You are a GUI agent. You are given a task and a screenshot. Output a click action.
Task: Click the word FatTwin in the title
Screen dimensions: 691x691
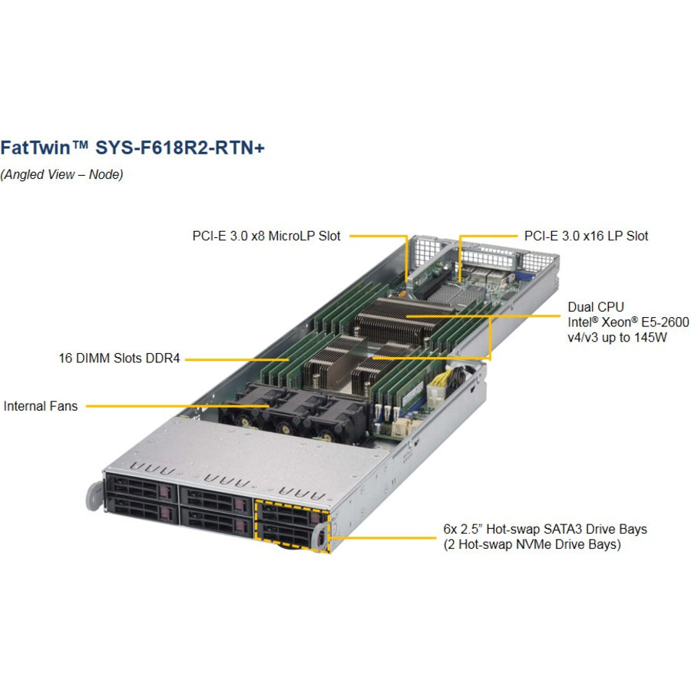point(35,147)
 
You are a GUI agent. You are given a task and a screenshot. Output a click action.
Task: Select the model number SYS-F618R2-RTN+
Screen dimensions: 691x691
point(180,147)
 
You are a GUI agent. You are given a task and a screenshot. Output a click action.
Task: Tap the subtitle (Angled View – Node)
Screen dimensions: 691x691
point(61,174)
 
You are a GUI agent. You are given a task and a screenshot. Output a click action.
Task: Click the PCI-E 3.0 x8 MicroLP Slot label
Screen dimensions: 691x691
point(266,236)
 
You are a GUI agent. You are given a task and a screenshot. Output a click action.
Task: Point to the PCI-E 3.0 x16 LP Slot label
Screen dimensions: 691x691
point(586,236)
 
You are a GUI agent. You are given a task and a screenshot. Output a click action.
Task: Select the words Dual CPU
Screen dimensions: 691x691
point(596,306)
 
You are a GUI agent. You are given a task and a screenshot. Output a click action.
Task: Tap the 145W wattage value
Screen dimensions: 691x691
point(650,338)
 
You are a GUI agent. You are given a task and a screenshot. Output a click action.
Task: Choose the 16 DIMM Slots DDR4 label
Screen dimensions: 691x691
point(120,358)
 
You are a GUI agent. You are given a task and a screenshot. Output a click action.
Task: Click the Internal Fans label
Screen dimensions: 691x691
point(41,406)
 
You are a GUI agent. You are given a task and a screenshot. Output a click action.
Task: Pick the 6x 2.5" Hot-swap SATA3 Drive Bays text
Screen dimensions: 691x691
point(545,529)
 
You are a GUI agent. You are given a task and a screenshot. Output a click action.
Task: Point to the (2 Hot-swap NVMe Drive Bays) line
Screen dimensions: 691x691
point(532,544)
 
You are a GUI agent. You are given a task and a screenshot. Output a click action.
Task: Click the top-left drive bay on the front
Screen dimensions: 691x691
point(141,487)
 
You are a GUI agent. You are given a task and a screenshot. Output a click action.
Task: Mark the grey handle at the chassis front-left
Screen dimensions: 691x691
point(94,497)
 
